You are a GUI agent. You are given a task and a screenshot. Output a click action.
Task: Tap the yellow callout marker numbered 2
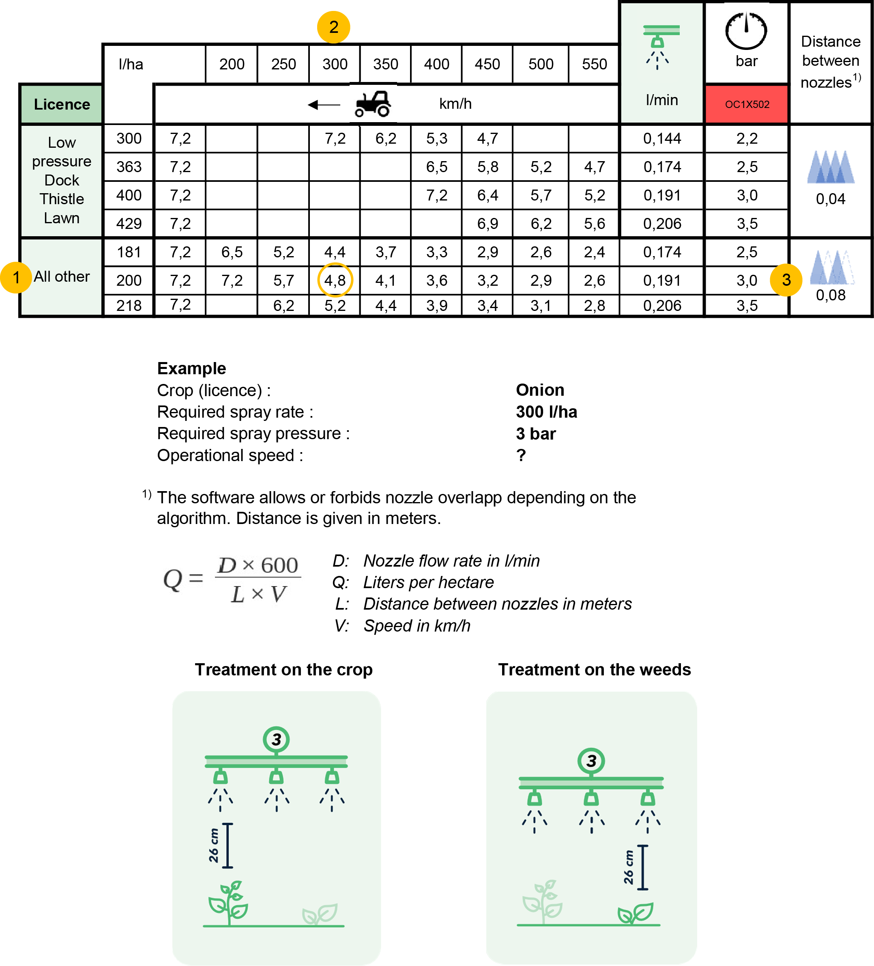333,27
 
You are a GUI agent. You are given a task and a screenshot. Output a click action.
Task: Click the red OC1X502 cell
747,104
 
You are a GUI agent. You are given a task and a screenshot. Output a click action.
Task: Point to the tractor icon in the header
373,104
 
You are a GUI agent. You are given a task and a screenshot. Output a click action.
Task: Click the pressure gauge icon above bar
746,31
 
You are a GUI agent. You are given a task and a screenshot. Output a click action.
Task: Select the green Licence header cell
62,104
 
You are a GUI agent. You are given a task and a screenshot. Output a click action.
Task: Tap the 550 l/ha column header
594,64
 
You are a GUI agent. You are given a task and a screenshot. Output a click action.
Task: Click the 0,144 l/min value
662,138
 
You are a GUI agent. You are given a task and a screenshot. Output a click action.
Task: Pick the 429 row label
129,223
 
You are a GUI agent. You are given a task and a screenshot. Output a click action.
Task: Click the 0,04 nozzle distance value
831,199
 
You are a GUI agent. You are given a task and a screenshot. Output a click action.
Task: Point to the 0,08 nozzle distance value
831,295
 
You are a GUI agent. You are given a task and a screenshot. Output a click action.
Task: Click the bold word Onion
540,390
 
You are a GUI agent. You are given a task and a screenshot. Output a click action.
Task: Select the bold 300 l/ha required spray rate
546,412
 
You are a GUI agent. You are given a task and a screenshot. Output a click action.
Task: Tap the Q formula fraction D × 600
258,565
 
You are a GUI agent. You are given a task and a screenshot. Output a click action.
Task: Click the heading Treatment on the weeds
594,669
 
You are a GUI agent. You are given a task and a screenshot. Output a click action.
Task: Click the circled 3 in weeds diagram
591,761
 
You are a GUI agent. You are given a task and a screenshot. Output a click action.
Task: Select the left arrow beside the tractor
324,104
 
